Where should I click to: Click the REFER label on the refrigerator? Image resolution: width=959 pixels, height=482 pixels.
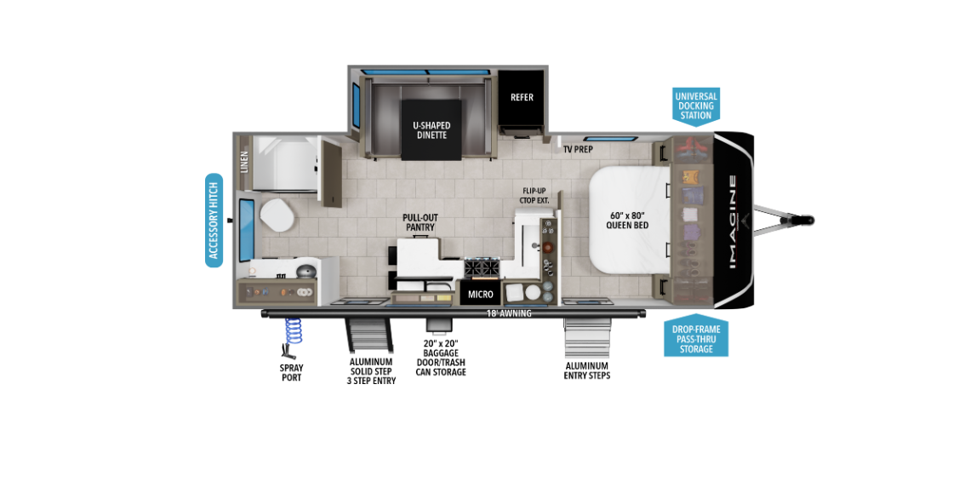[x=522, y=97]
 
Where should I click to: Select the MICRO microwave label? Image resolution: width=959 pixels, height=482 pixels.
[x=481, y=295]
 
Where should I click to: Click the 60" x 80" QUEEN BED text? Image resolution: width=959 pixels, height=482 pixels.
[x=627, y=221]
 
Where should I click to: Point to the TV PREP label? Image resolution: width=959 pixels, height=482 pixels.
[x=578, y=149]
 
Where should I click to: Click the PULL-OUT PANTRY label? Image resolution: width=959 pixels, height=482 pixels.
[x=420, y=222]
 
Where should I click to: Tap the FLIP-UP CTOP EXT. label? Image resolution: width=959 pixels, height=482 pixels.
[x=534, y=195]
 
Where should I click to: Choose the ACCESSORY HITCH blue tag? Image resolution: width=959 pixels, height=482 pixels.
[x=214, y=221]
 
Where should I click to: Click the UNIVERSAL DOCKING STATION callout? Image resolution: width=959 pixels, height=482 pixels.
[x=696, y=106]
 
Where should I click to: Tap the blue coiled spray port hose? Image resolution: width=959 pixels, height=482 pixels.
[x=294, y=331]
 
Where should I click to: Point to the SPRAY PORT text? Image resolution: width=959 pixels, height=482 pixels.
[x=292, y=373]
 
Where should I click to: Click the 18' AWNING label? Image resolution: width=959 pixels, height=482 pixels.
[x=509, y=313]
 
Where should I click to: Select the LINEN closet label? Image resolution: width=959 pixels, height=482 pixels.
[x=245, y=162]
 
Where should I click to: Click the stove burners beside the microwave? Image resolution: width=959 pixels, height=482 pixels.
[x=482, y=267]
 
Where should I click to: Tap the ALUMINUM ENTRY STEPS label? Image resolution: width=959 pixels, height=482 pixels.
[x=587, y=370]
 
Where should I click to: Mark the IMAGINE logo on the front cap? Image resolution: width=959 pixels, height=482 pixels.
[x=733, y=222]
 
